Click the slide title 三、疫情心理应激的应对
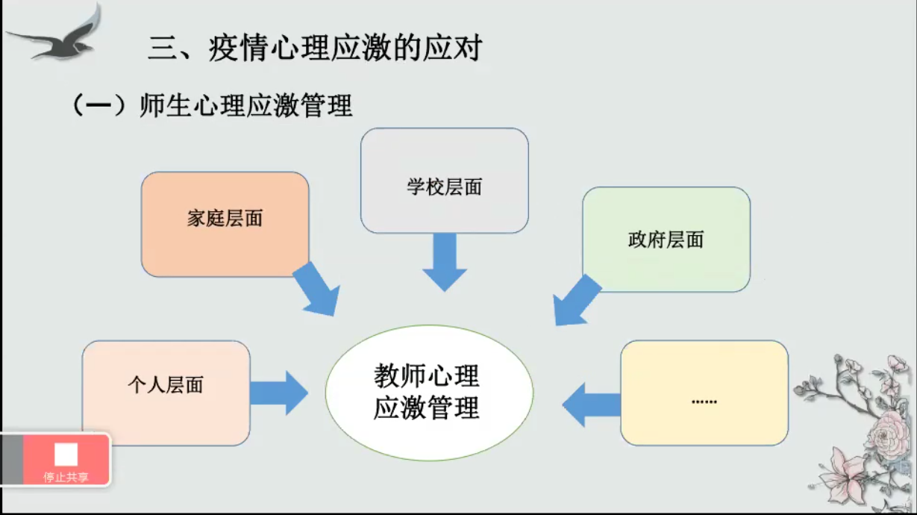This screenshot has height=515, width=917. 315,49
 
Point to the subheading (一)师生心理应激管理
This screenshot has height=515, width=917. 212,106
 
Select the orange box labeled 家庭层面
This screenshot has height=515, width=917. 225,224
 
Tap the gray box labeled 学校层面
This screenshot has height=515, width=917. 444,181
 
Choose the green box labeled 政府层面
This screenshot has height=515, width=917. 666,239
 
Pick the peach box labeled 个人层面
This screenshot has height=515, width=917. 166,393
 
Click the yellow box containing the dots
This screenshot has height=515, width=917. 704,393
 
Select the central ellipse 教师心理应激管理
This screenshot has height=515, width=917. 428,393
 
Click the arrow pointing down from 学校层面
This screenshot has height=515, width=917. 444,261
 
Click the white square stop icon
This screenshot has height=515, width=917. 66,455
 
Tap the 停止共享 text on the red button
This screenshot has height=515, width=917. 66,477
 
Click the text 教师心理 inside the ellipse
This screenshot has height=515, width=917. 426,375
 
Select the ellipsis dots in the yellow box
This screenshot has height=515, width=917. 704,402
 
